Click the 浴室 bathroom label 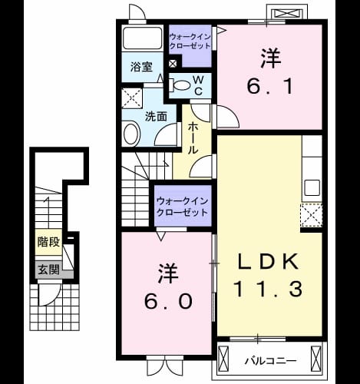[141, 67]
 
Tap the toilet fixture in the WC [180, 85]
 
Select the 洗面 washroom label [156, 117]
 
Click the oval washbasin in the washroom [132, 134]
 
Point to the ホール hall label [193, 137]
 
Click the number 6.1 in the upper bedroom [270, 87]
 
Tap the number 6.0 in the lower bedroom [168, 301]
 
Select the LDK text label [269, 261]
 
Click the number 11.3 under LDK [269, 289]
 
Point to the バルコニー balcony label [271, 361]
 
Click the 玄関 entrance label [48, 270]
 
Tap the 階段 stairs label [48, 242]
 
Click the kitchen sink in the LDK [312, 187]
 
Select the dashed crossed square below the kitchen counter [312, 215]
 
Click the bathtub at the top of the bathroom [142, 38]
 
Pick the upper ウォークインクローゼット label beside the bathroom [190, 41]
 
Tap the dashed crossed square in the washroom [132, 98]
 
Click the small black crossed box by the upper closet [173, 64]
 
